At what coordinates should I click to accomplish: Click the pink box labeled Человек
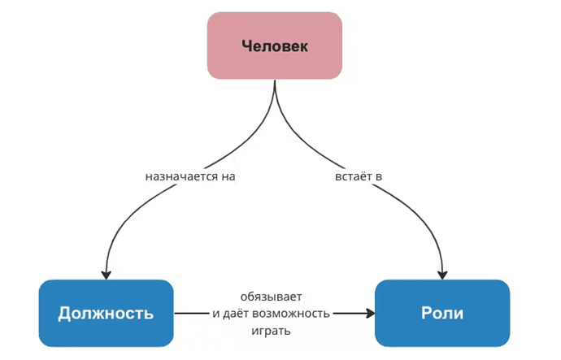tap(274, 46)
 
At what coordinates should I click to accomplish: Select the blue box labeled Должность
tap(106, 313)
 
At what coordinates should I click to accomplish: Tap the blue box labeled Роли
tap(441, 313)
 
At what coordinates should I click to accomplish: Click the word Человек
tap(275, 46)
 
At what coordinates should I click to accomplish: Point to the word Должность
tap(106, 314)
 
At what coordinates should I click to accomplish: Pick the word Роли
tap(441, 314)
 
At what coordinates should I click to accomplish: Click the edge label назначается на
tap(194, 175)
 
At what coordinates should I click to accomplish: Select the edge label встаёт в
tap(359, 175)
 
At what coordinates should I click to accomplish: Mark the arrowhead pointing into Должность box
tap(105, 274)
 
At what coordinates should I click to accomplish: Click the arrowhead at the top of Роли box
tap(442, 274)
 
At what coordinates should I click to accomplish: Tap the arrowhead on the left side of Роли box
tap(369, 313)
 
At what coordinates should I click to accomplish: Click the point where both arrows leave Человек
tap(274, 82)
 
